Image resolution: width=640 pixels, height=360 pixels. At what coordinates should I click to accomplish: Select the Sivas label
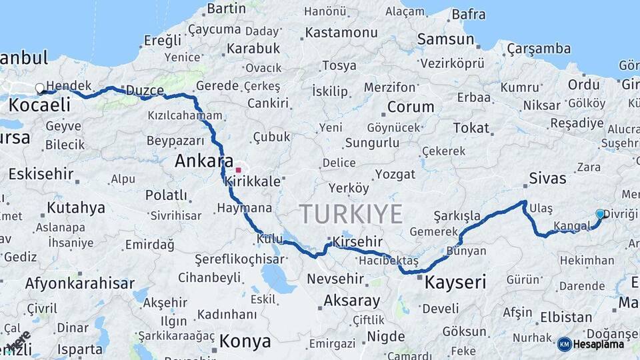(547, 178)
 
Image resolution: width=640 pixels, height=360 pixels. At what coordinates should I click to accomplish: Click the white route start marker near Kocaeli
(40, 88)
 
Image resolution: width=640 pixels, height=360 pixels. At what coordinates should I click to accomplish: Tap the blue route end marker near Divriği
(600, 214)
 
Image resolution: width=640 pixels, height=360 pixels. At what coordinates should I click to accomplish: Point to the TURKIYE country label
(351, 214)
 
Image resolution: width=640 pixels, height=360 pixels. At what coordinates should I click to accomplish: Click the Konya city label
(245, 342)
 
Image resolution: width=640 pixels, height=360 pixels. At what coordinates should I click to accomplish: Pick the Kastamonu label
(341, 32)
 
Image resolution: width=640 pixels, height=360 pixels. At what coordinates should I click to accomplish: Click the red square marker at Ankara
(238, 170)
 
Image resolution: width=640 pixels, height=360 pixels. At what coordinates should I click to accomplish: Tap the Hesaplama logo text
(599, 344)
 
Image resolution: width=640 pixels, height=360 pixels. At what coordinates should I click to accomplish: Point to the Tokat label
(471, 128)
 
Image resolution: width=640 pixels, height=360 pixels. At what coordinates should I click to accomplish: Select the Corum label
(411, 107)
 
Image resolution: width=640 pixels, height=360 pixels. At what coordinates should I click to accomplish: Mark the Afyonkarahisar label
(80, 283)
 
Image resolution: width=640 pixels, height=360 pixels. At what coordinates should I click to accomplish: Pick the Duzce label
(145, 90)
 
